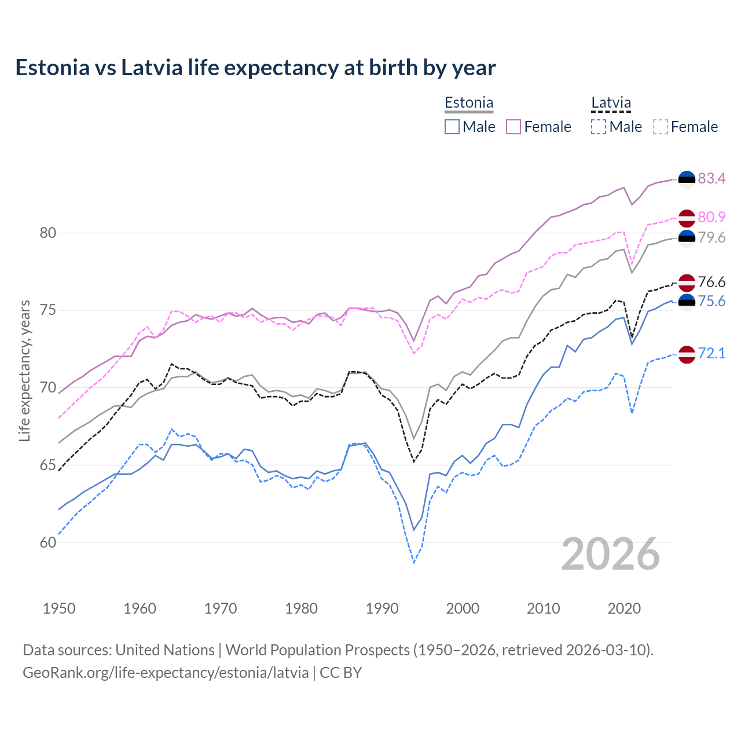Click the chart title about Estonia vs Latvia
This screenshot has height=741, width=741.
(255, 68)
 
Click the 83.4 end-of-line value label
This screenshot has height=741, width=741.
(711, 178)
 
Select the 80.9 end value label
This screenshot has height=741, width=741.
(711, 217)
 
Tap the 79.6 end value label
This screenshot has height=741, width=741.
(711, 237)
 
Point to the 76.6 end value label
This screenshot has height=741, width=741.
(711, 282)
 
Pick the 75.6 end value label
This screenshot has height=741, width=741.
(711, 301)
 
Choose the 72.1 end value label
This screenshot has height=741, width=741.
(711, 353)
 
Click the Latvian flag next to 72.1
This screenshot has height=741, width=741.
(687, 354)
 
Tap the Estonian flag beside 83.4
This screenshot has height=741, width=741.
(687, 179)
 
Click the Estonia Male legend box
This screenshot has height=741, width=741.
(452, 127)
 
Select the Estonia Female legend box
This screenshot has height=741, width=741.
(513, 127)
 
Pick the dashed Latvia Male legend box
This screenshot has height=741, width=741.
(599, 127)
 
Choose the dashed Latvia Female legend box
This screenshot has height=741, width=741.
(661, 127)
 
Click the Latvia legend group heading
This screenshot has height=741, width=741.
(611, 103)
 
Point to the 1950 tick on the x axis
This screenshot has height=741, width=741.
(59, 608)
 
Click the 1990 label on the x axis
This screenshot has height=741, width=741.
(382, 608)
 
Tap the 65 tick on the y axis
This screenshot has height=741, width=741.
(48, 465)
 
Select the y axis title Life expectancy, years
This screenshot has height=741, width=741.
(24, 370)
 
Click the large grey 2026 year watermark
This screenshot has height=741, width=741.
(611, 554)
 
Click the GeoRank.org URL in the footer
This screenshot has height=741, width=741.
(166, 672)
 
